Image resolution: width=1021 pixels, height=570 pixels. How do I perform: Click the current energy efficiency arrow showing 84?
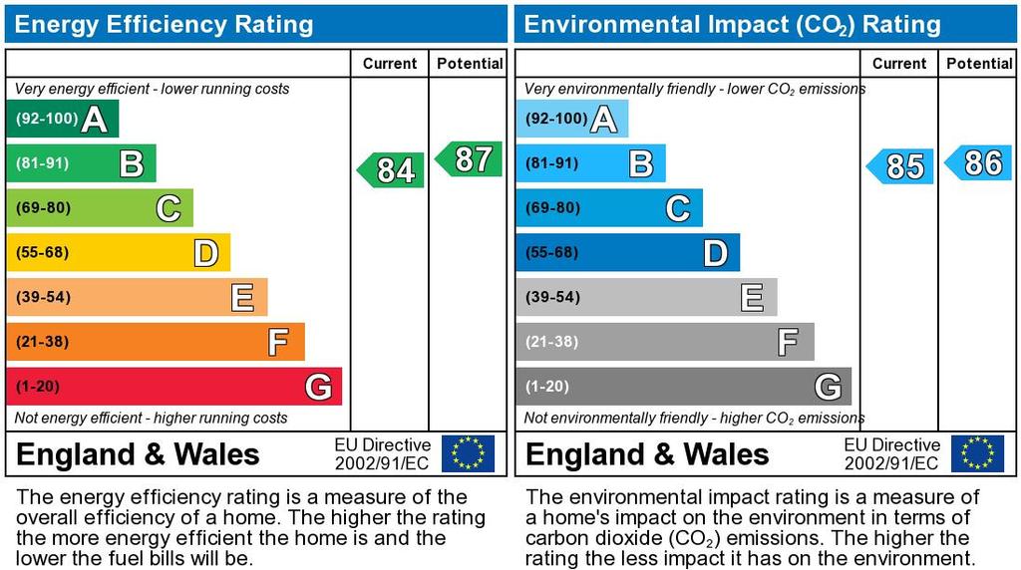[x=392, y=170]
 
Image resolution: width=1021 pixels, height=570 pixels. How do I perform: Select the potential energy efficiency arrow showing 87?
[x=470, y=159]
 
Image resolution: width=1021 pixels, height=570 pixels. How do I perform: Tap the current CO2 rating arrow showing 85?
[x=901, y=166]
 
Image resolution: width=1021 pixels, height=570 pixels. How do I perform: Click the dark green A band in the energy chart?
[x=62, y=120]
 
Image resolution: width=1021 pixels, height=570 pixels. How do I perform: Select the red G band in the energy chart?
[x=173, y=387]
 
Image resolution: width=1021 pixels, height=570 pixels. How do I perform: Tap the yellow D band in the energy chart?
[x=118, y=253]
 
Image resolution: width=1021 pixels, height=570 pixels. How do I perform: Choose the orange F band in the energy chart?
[x=155, y=342]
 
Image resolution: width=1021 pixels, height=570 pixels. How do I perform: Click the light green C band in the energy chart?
[x=99, y=208]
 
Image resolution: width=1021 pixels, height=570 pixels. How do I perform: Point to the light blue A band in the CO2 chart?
[x=571, y=120]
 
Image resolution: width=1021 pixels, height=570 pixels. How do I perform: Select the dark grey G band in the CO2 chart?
[x=683, y=387]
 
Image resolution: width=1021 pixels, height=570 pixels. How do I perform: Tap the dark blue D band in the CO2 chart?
[x=627, y=253]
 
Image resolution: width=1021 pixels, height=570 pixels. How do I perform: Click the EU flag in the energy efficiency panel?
[x=468, y=453]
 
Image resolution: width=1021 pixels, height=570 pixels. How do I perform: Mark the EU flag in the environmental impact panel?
[x=977, y=453]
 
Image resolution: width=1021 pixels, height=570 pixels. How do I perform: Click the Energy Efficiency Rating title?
[x=164, y=24]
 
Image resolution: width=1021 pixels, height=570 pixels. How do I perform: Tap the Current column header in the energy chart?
[x=389, y=64]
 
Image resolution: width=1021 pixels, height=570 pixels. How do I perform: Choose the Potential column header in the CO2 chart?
[x=979, y=64]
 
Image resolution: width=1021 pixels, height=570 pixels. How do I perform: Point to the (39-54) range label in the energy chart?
[x=42, y=297]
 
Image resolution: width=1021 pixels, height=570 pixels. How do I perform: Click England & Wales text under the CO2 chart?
[x=647, y=455]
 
